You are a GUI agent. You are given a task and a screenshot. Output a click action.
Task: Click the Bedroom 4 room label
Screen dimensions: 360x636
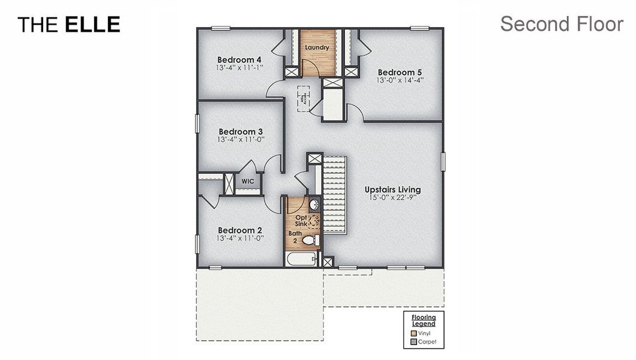point(239,60)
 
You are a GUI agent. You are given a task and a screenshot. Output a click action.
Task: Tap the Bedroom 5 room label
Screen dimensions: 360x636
point(400,71)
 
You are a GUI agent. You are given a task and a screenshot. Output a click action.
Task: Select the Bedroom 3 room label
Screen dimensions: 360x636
point(240,131)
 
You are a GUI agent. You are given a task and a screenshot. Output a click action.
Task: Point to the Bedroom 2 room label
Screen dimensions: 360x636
point(240,230)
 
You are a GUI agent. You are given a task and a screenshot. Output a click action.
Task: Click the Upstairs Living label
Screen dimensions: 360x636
point(392,190)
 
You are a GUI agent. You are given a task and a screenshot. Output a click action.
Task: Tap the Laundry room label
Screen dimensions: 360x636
point(317,47)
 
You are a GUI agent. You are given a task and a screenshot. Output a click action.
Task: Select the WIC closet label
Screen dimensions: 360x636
point(248,181)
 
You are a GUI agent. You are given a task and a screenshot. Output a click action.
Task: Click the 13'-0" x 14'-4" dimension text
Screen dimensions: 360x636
point(400,80)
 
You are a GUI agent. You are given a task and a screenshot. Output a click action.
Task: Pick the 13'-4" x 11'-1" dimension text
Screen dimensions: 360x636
point(240,68)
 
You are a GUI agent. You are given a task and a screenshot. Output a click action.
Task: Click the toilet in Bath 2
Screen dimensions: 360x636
point(310,241)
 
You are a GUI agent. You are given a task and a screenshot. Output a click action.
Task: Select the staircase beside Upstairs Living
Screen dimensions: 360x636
point(335,195)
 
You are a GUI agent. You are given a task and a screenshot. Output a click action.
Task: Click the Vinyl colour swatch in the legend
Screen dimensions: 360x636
point(413,333)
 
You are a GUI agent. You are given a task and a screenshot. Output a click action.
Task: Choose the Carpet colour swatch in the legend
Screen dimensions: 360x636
point(413,342)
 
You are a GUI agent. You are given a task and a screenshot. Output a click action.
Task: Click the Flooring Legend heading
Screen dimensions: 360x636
point(424,320)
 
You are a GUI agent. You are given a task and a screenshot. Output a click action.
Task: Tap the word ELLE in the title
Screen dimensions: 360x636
point(92,25)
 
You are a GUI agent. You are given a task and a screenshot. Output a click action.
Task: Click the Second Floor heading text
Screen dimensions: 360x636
point(562,24)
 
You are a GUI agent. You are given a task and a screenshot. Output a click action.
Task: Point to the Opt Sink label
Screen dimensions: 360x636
point(301,220)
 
